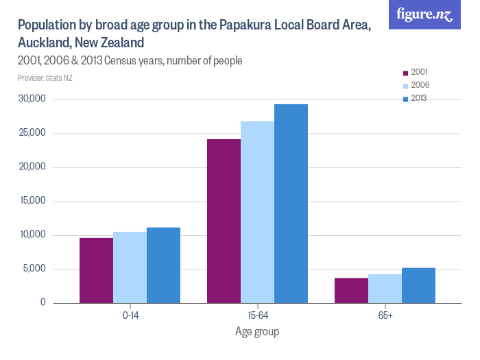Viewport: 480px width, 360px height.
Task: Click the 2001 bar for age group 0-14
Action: [x=96, y=270]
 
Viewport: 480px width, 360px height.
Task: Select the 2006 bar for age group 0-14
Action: [x=130, y=267]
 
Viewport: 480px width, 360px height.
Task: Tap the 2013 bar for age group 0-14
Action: [x=163, y=265]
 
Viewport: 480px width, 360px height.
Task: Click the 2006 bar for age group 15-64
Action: [x=257, y=212]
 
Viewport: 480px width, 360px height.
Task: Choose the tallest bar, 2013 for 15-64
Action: [x=291, y=204]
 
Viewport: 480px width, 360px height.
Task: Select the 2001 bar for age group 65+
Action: [x=351, y=290]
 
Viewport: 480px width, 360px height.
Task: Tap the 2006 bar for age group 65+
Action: [x=385, y=289]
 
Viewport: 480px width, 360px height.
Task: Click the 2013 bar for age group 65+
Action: [x=418, y=285]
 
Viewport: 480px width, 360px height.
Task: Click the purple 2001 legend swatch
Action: [x=405, y=72]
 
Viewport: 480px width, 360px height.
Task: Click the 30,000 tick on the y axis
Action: [x=32, y=99]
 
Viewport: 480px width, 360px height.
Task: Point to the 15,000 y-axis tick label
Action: [x=32, y=201]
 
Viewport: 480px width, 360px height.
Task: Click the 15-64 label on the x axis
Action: [x=257, y=315]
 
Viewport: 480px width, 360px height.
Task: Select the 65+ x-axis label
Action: [x=385, y=315]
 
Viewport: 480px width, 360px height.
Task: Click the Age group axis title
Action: [x=257, y=331]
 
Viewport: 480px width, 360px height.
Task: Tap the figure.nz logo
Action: [x=425, y=14]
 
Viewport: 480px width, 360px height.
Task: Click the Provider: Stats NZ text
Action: [x=45, y=77]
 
